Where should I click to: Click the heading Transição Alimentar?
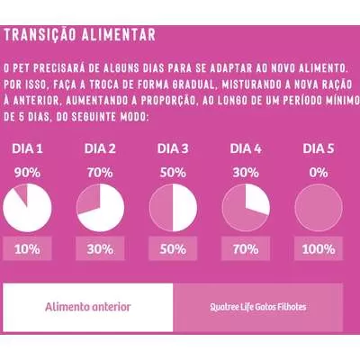(80, 35)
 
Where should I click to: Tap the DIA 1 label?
(27, 148)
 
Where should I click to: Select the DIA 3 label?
(173, 148)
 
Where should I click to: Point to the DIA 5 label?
(319, 148)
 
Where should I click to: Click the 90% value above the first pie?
(27, 173)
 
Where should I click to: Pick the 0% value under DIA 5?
(319, 173)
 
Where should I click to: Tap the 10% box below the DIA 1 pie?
(27, 248)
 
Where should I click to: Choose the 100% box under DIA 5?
(319, 248)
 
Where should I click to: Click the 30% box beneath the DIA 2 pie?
(100, 248)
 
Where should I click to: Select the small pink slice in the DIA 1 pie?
(22, 193)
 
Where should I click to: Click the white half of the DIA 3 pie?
(184, 208)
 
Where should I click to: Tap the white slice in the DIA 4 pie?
(256, 199)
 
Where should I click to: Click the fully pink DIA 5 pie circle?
(319, 208)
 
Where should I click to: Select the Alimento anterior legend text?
(88, 307)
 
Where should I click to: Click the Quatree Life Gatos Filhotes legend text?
(258, 307)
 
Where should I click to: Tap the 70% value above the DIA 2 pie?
(100, 173)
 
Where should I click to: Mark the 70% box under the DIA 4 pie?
(246, 248)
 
